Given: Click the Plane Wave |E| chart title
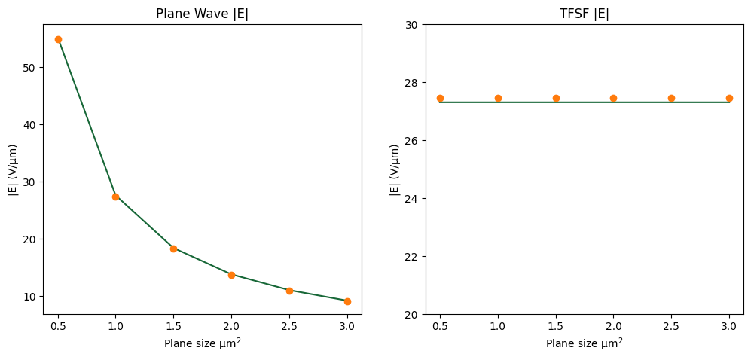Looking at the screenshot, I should tap(202, 14).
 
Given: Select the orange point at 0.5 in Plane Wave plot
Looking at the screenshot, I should tap(58, 39).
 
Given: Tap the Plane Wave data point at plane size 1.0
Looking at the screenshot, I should tap(115, 197).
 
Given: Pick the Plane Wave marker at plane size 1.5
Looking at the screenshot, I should tap(173, 249).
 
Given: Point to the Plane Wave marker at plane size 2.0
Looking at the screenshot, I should tap(231, 275).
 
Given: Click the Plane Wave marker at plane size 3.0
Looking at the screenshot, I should tap(347, 301).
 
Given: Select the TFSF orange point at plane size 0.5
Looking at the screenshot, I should tap(440, 98).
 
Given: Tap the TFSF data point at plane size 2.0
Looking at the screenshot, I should tap(613, 98).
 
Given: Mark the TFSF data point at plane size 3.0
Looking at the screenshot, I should tap(729, 98).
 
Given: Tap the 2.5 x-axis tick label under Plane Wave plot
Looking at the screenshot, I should tap(289, 328).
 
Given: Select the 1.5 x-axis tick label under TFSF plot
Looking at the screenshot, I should tap(556, 328).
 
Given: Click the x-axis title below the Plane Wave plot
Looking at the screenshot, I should tap(202, 343).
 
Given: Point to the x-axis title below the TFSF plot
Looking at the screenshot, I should tap(584, 343).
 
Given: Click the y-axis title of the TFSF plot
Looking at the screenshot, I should tap(395, 169).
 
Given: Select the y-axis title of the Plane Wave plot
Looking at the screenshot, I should tap(13, 169).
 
